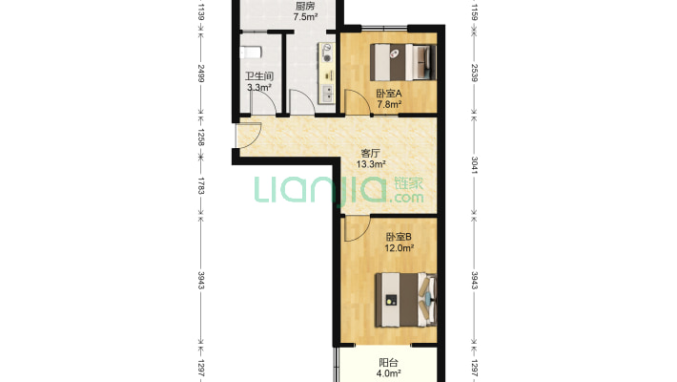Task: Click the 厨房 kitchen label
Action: point(305,6)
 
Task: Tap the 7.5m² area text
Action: point(306,17)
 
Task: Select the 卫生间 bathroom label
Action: point(259,76)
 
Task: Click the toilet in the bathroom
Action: point(251,53)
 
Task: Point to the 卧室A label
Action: point(389,94)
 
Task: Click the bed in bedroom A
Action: point(403,62)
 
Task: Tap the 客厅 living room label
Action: point(371,153)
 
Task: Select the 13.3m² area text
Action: point(371,164)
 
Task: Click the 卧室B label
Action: point(399,237)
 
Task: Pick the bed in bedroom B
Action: point(406,300)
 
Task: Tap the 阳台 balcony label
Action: point(389,363)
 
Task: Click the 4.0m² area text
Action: point(389,373)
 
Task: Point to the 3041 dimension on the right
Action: point(475,165)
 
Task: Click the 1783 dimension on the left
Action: point(201,185)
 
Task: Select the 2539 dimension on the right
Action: point(475,73)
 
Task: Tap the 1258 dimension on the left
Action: point(201,137)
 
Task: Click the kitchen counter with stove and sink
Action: point(326,73)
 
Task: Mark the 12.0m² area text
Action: point(400,248)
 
